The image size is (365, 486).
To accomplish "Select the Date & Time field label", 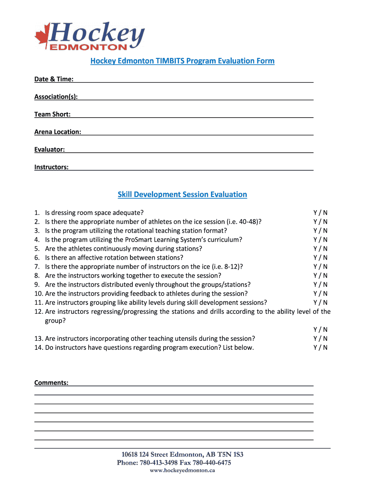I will pyautogui.click(x=54, y=79).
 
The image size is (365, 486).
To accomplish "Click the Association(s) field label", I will pyautogui.click(x=56, y=97).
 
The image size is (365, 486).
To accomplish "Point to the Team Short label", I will pyautogui.click(x=52, y=114).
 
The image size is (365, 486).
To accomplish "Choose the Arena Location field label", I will pyautogui.click(x=57, y=132).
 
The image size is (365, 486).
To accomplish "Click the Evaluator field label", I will pyautogui.click(x=49, y=150).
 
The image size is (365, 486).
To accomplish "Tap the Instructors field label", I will pyautogui.click(x=51, y=167).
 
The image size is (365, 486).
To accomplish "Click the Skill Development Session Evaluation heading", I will pyautogui.click(x=182, y=195).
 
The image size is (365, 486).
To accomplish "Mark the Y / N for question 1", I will pyautogui.click(x=320, y=213).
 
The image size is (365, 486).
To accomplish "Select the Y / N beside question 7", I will pyautogui.click(x=320, y=267).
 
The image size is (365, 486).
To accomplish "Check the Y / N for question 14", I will pyautogui.click(x=320, y=348).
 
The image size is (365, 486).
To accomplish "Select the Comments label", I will pyautogui.click(x=51, y=383).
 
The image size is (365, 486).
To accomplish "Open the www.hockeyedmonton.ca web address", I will pyautogui.click(x=182, y=470).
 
